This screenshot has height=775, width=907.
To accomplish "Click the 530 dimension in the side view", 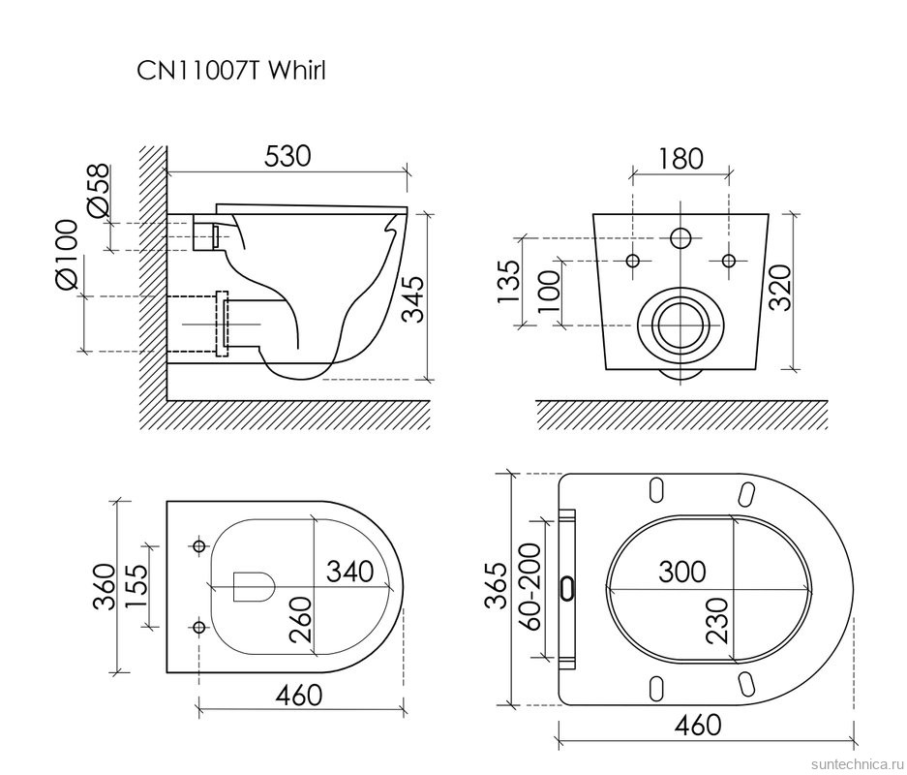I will click(x=287, y=156).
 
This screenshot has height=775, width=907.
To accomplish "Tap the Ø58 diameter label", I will click(x=97, y=191).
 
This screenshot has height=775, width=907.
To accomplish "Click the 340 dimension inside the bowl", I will click(x=348, y=572).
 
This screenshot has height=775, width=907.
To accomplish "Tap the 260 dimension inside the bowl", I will click(x=300, y=619).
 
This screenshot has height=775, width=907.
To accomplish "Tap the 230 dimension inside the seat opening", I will click(x=718, y=620).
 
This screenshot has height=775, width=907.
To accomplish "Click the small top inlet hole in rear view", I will click(x=680, y=236).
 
